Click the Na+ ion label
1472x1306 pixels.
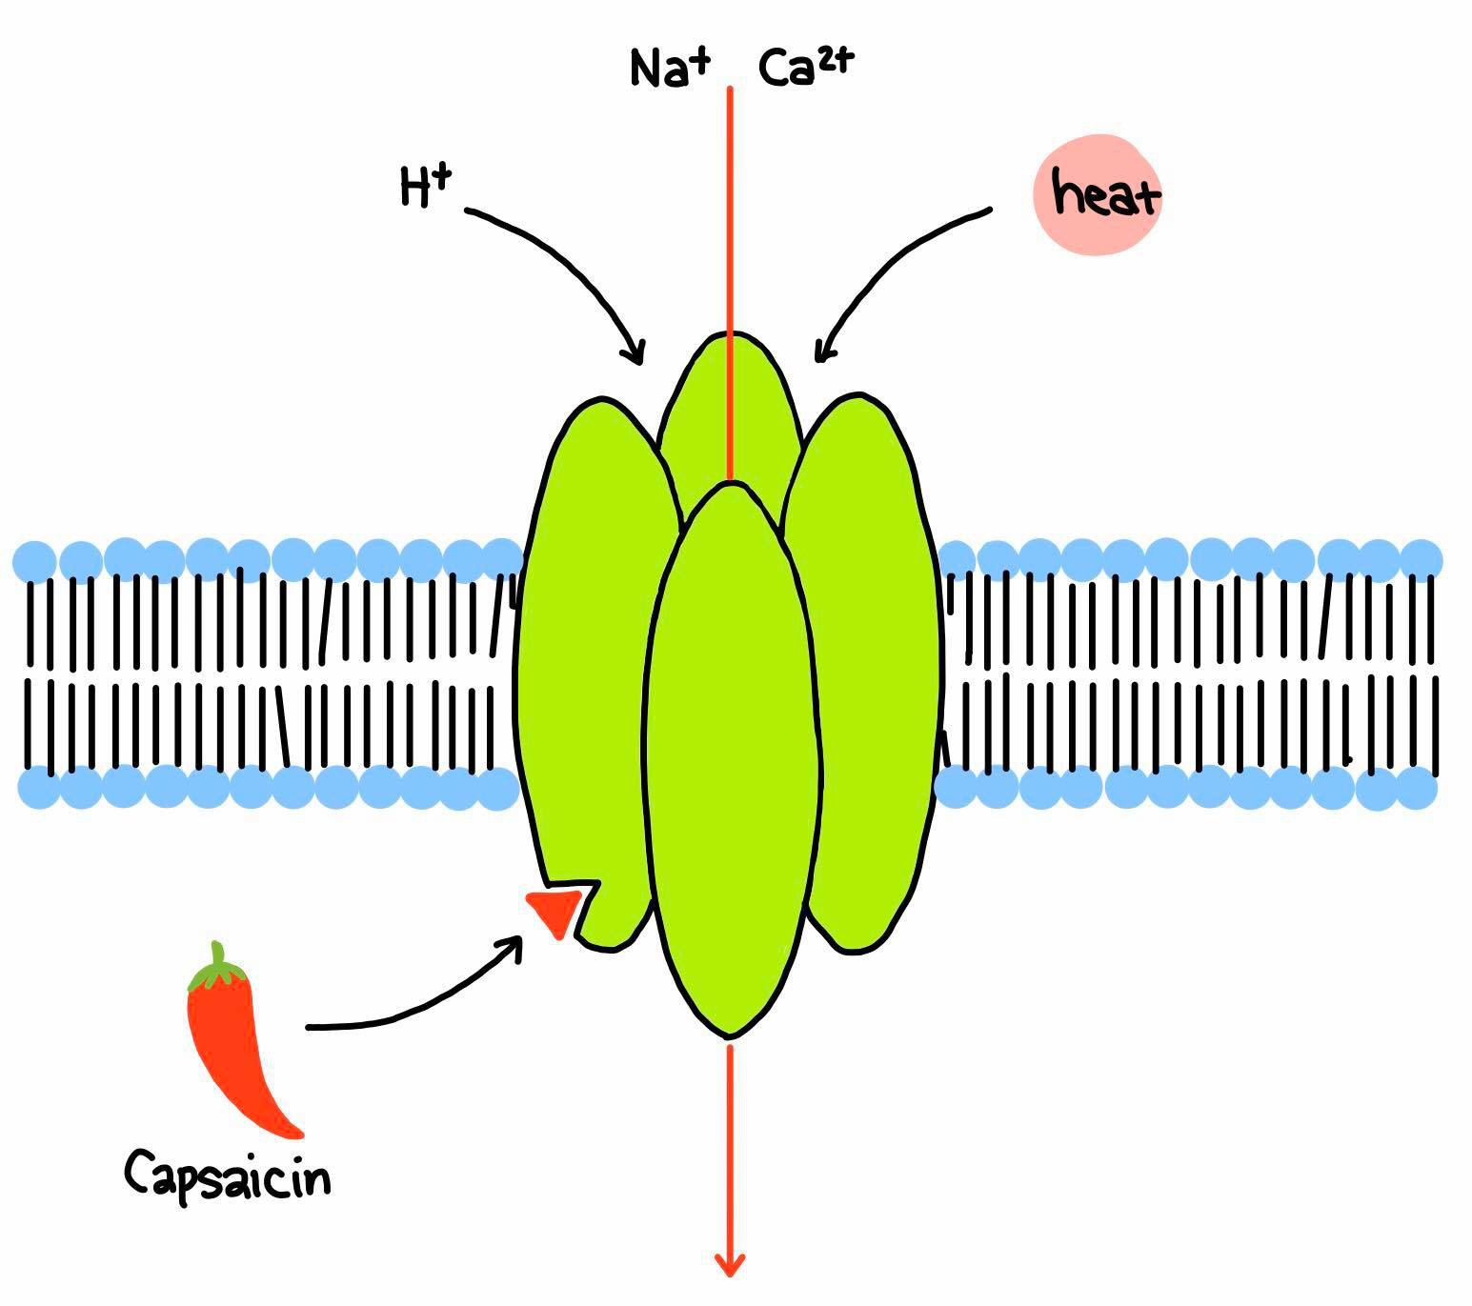pos(669,69)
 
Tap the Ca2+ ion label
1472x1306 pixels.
pos(806,67)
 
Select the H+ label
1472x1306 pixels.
pos(426,186)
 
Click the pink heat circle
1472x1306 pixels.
pos(1098,194)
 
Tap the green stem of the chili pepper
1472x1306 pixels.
pos(216,965)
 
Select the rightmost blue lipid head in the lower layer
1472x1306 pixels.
pos(1416,788)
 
